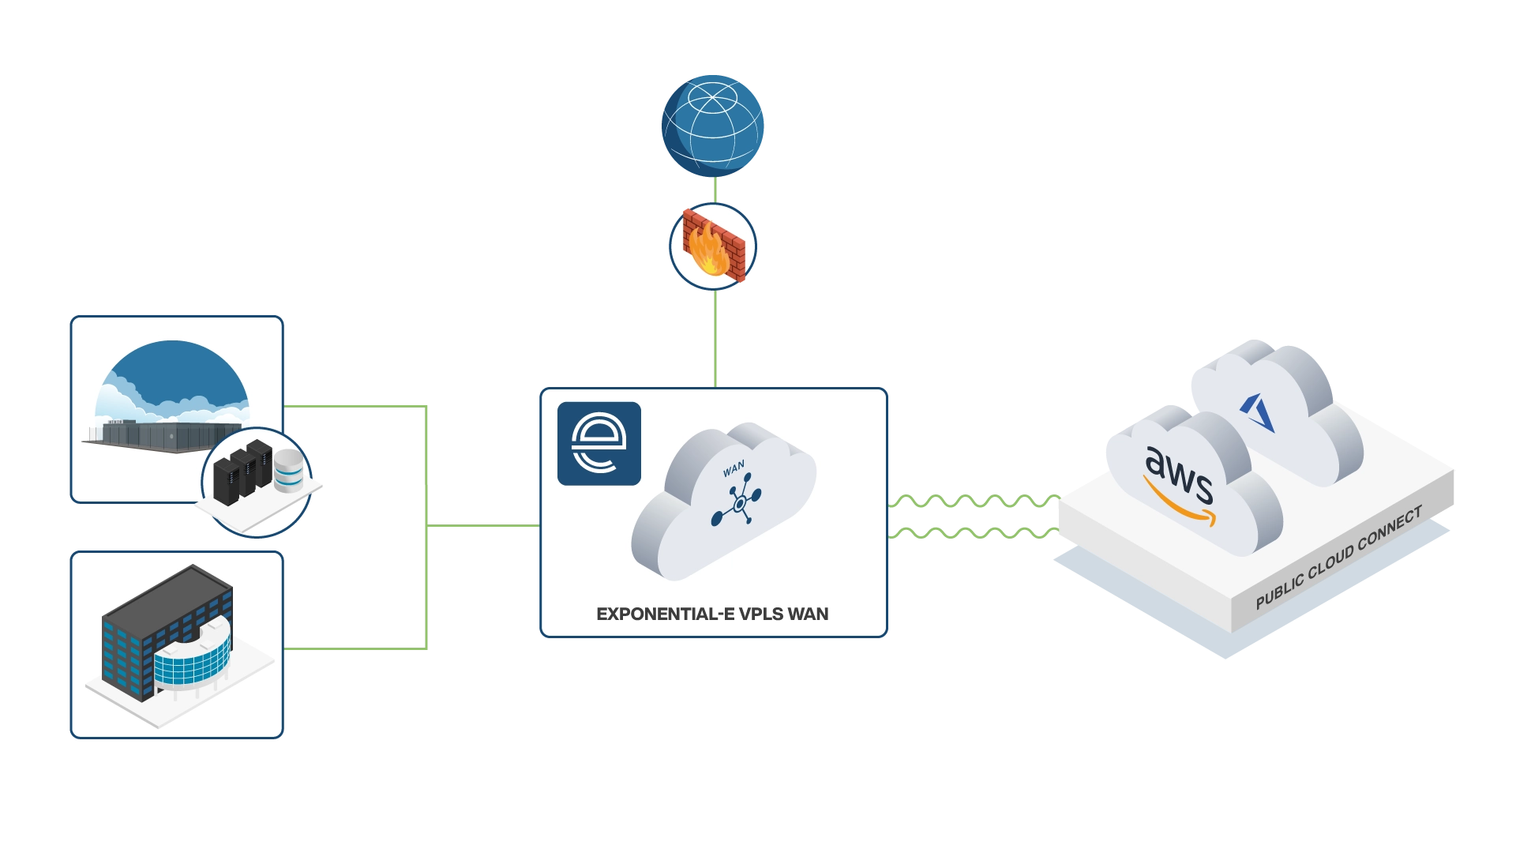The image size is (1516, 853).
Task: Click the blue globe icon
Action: click(x=711, y=125)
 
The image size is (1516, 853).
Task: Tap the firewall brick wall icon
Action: click(x=714, y=246)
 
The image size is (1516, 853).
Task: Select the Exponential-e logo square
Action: click(x=599, y=443)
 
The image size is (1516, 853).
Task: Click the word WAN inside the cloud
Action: click(x=734, y=470)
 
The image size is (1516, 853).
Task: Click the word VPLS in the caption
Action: click(x=760, y=614)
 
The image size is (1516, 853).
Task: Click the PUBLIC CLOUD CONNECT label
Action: click(x=1338, y=558)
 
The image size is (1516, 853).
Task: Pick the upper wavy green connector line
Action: click(x=975, y=502)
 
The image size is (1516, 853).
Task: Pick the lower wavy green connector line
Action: click(x=975, y=534)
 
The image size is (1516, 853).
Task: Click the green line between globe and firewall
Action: click(x=715, y=190)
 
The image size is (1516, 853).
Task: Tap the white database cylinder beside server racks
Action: click(x=288, y=472)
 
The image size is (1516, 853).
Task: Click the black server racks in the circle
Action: click(x=243, y=470)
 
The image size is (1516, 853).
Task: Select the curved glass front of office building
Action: click(x=192, y=659)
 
